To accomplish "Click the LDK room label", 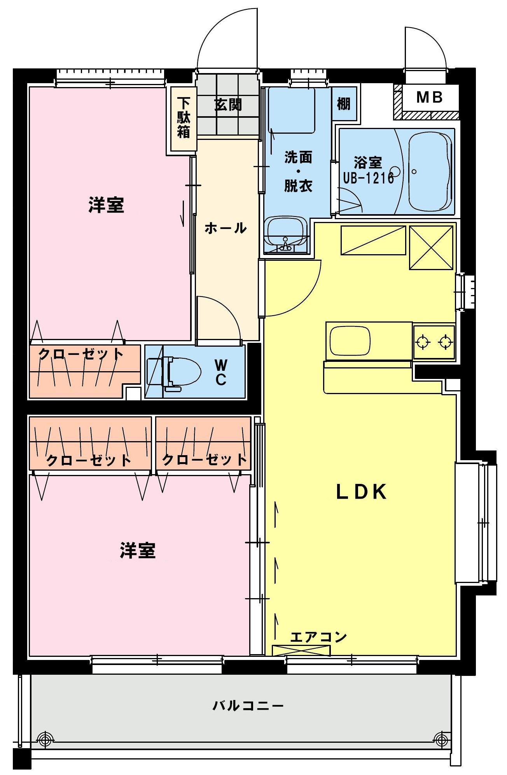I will point(361,492).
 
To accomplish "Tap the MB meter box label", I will point(429,97).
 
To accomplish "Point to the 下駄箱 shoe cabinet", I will point(183,118).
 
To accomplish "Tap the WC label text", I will point(221,372).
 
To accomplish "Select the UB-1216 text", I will point(368,178).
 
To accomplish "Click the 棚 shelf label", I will point(343,104).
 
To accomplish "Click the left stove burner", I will point(423,342).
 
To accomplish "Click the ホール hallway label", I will point(226,228).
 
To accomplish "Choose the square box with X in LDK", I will point(431,248).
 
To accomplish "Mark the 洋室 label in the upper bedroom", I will point(106,205).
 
